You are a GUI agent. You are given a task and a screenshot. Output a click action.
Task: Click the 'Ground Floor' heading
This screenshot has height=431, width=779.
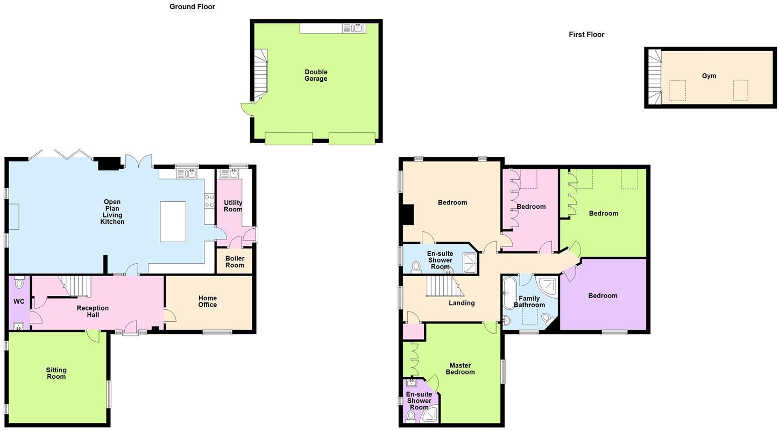(x=192, y=7)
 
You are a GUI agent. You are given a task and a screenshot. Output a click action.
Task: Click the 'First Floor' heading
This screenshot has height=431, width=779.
(x=586, y=34)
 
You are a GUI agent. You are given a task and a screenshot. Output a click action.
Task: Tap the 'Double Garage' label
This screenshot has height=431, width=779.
(x=316, y=75)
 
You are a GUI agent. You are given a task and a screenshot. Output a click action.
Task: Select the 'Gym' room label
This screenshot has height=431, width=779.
(x=709, y=76)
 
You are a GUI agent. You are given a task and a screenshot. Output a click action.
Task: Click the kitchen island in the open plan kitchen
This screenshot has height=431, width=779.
(x=173, y=221)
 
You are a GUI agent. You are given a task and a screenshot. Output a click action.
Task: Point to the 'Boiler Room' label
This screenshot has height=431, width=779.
(x=235, y=262)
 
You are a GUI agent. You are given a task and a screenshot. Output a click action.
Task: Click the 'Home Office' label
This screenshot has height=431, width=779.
(x=208, y=301)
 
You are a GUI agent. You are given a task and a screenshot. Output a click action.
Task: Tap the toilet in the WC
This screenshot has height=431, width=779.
(x=19, y=283)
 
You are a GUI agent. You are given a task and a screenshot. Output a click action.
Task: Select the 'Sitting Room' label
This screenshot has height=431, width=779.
(x=56, y=373)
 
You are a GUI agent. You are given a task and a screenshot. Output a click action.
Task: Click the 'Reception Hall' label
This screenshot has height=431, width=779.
(x=93, y=312)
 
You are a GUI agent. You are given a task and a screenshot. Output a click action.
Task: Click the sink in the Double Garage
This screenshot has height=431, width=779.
(x=357, y=28)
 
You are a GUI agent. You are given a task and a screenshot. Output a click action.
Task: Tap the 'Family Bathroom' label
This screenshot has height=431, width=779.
(x=529, y=302)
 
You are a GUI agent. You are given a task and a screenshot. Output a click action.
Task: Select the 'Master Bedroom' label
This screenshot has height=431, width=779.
(x=460, y=369)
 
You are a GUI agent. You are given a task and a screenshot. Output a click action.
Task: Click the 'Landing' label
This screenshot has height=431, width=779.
(x=462, y=303)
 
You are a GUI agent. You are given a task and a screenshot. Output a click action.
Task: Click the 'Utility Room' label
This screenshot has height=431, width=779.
(x=233, y=206)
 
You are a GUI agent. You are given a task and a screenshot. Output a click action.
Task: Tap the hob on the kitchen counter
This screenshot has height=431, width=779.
(x=209, y=201)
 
